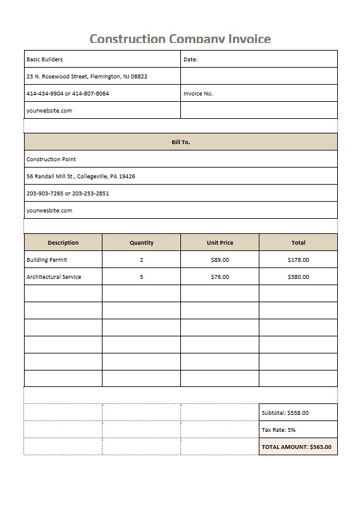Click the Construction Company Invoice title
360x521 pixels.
[180, 39]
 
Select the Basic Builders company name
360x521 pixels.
[45, 59]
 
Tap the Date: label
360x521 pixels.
[190, 59]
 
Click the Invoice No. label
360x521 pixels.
[198, 94]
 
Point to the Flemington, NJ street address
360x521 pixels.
[87, 77]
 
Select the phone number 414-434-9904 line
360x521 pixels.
[68, 94]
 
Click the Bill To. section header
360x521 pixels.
[180, 142]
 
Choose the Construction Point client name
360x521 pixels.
[51, 159]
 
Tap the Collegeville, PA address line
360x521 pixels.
[80, 176]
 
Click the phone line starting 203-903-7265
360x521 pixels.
[68, 193]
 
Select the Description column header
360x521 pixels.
[63, 243]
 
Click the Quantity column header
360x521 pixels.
[141, 243]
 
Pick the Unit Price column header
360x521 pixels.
[220, 243]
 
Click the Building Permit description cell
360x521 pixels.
[47, 260]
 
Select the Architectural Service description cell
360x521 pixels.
[54, 277]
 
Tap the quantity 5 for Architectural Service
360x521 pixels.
[141, 277]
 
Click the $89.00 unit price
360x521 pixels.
[220, 260]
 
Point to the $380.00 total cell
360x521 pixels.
[298, 277]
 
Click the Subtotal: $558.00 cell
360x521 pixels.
[285, 413]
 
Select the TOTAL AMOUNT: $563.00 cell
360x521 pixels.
[296, 447]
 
